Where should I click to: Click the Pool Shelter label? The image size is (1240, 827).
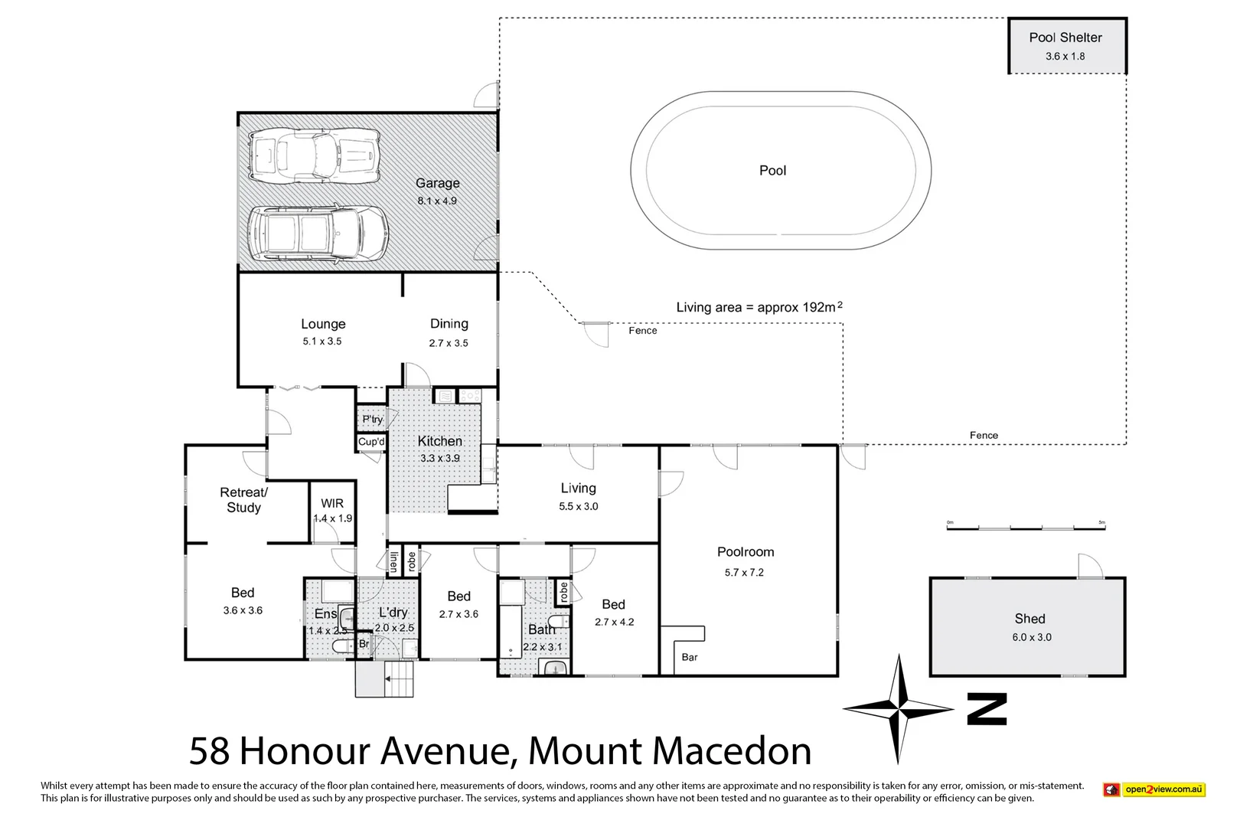1065,38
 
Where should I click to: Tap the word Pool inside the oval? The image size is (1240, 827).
772,171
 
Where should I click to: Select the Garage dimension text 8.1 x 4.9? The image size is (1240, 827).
437,201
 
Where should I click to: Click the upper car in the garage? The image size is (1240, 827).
315,156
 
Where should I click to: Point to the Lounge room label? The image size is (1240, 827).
323,324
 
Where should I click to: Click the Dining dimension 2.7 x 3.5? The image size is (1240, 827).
449,343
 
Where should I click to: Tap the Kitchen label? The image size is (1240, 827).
439,441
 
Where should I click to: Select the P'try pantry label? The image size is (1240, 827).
372,420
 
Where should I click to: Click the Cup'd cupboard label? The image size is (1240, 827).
371,442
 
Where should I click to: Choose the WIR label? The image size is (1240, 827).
332,503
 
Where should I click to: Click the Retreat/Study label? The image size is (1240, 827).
243,500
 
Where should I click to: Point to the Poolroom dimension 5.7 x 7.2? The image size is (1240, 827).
744,572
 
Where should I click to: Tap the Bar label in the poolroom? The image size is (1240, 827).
690,657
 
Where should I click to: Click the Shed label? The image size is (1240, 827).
1030,619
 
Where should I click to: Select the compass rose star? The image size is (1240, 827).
899,709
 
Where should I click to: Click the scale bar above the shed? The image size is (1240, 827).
1026,528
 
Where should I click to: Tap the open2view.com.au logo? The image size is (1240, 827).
1154,789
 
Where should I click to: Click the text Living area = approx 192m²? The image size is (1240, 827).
759,307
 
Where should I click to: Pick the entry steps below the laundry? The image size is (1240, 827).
385,679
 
